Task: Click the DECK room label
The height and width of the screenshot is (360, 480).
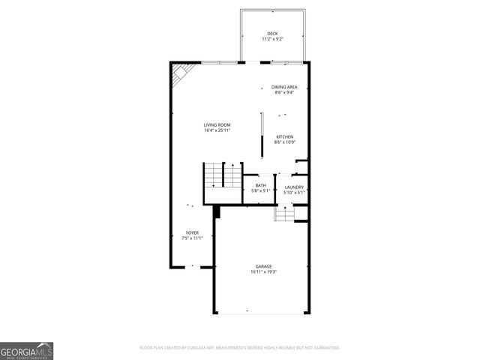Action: point(271,34)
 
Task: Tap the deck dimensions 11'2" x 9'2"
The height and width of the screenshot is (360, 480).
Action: point(271,39)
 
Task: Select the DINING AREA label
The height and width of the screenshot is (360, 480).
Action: point(284,87)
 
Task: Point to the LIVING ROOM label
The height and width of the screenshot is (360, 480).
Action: point(217,124)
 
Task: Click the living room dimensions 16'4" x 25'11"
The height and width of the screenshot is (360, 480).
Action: point(217,130)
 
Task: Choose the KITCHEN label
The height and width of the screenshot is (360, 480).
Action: point(284,136)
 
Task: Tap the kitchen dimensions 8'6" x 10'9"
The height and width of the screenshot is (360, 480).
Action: point(284,142)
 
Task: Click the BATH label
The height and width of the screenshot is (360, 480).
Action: point(260,185)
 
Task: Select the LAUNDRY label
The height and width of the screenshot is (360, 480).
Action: point(293,187)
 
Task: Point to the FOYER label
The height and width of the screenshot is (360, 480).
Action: point(193,232)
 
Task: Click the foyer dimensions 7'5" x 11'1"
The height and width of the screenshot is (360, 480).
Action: point(193,238)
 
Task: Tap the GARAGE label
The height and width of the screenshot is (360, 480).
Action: point(263,266)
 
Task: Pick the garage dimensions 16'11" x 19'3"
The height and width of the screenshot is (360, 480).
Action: point(263,272)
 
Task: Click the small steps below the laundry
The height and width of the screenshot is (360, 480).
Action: point(284,214)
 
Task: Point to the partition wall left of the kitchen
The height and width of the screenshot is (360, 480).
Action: point(262,135)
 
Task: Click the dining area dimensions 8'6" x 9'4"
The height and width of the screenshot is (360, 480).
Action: point(284,93)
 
